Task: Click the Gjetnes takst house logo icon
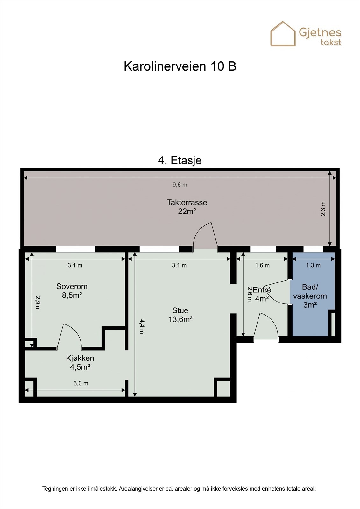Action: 283,34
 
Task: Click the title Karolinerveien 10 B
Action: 180,66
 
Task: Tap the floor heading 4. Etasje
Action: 180,160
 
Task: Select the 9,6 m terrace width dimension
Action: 180,185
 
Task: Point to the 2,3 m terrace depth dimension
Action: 323,209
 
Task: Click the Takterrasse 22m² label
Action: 187,207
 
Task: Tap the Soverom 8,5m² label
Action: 72,291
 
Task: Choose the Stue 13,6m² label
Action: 180,315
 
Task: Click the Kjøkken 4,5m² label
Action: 80,363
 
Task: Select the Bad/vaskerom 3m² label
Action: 310,296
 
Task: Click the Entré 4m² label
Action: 262,294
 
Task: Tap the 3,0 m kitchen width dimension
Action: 81,383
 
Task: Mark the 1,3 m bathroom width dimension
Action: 313,265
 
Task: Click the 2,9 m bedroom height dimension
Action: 37,303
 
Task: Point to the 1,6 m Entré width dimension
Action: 262,265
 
